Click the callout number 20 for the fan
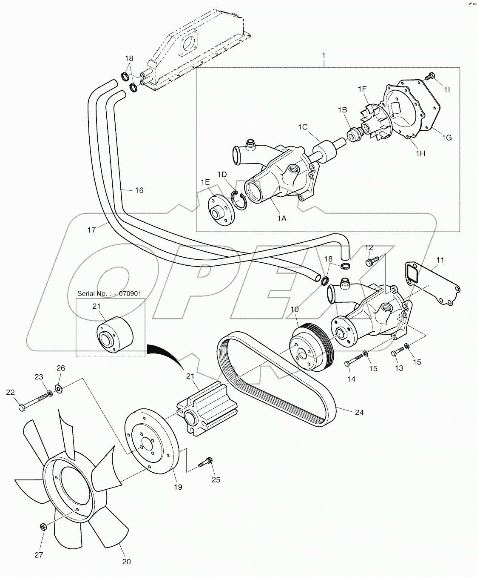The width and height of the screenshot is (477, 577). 126,562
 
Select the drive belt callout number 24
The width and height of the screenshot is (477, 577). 359,412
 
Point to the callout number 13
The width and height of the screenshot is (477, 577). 398,368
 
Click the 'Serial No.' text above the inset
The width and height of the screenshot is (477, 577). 109,293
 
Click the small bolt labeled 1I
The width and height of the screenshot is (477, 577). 429,77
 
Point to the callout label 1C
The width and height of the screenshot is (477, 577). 302,126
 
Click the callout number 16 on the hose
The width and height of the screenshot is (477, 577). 139,190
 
